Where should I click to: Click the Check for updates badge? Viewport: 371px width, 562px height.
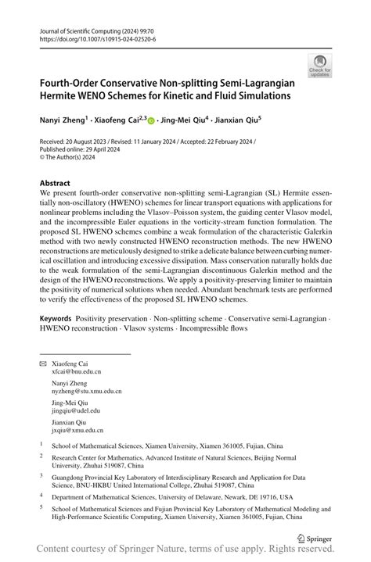319,66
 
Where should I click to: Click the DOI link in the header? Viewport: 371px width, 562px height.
97,38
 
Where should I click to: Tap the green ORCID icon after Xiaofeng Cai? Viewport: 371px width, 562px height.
151,121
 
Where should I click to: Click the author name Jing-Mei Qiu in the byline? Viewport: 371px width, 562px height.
182,120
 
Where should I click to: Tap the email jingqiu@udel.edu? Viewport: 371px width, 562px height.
76,410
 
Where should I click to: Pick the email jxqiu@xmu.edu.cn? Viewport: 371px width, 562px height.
77,429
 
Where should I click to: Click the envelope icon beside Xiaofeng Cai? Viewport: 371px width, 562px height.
43,365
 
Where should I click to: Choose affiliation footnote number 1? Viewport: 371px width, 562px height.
41,442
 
